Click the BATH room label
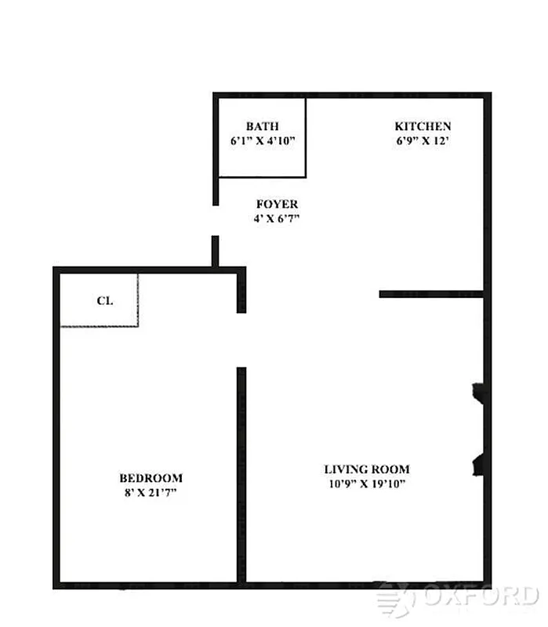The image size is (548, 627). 262,126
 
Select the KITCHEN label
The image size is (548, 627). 423,126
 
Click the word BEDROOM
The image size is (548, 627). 151,478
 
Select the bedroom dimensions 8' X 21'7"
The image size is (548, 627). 151,493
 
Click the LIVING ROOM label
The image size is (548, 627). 367,469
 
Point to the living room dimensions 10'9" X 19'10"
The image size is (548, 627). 367,484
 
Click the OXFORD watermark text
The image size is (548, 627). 480,597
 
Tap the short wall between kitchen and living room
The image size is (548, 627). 430,294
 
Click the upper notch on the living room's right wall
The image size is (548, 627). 477,392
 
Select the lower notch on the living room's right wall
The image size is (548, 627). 477,464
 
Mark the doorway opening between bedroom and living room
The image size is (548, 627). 241,340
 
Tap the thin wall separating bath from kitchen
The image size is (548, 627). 305,136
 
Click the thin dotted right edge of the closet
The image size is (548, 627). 138,299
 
